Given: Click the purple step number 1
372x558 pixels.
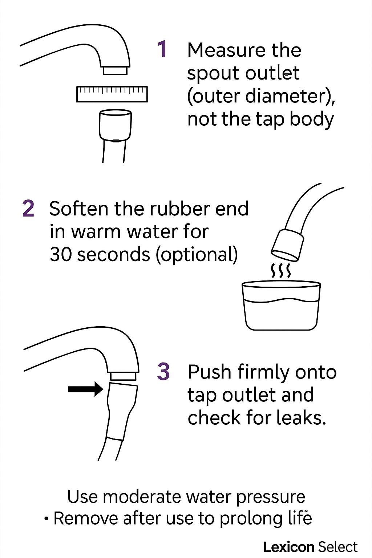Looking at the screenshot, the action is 162,49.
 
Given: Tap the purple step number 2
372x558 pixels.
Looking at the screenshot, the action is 28,209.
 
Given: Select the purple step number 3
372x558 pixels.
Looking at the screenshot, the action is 163,371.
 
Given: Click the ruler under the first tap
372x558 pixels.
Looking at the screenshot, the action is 112,94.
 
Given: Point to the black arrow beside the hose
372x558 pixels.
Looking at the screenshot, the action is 85,389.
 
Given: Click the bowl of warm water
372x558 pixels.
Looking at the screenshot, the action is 281,306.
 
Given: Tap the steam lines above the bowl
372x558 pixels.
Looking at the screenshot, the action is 281,270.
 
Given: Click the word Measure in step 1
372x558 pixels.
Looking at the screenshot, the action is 227,50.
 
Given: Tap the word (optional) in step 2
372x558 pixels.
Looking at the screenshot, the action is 197,255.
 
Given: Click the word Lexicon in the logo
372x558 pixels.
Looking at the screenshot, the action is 288,547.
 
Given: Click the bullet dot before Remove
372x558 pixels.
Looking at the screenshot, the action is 46,519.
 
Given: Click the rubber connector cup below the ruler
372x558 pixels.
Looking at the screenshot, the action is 116,125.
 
